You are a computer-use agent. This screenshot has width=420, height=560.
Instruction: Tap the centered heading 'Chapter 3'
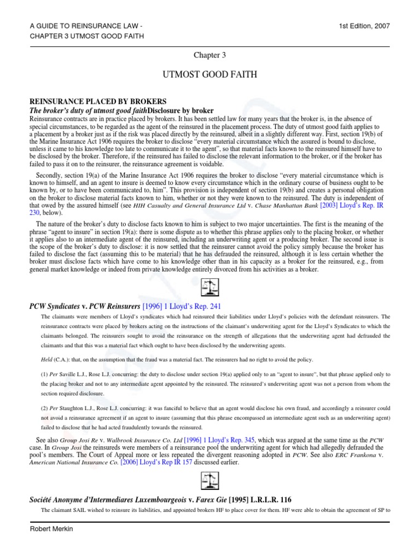click(209, 55)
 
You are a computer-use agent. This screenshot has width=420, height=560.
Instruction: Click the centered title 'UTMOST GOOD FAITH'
click(209, 75)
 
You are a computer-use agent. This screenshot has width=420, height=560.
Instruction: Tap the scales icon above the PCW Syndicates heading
click(210, 287)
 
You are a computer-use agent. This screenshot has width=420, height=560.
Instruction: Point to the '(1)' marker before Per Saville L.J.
click(45, 375)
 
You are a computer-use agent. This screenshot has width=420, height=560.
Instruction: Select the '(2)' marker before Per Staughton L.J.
click(45, 408)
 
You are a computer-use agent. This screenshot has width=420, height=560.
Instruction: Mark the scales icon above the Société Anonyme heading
click(210, 481)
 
